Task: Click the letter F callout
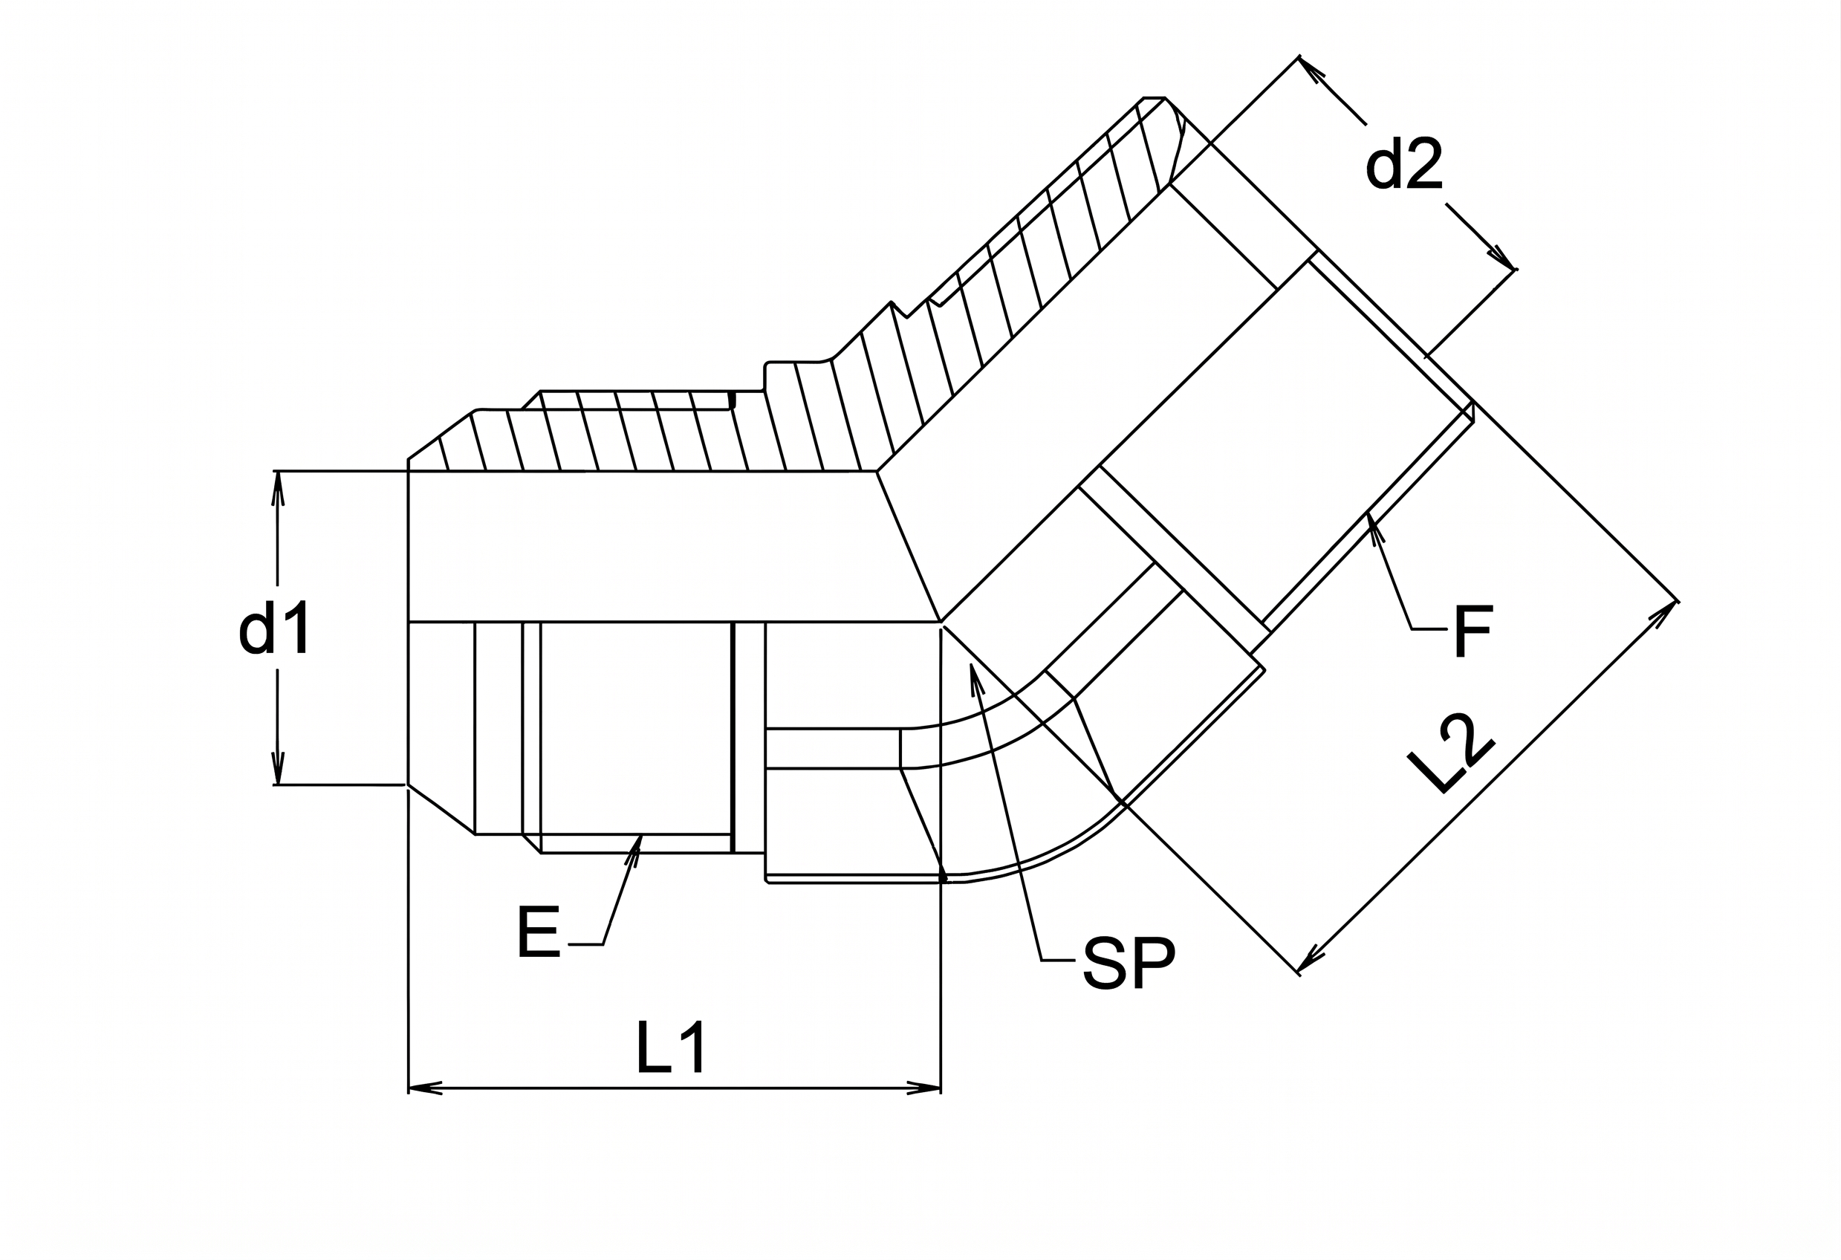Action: click(1473, 631)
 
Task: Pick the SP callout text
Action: click(1128, 963)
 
